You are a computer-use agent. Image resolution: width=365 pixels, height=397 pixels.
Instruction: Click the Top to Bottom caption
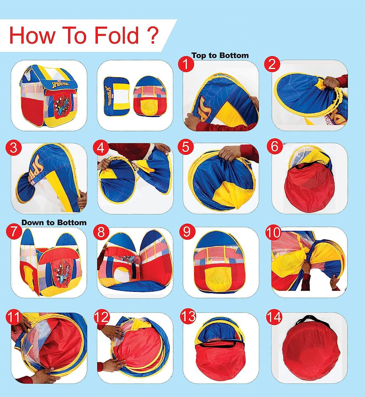[x=220, y=55]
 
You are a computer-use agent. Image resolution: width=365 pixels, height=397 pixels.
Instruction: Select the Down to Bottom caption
[x=54, y=222]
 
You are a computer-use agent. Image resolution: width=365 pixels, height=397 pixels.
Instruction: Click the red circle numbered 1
[x=186, y=65]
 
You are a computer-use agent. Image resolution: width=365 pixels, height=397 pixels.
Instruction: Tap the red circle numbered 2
[x=272, y=65]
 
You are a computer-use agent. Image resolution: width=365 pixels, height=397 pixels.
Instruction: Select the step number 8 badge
[x=101, y=232]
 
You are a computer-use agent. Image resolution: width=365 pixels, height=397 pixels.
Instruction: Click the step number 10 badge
[x=273, y=232]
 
